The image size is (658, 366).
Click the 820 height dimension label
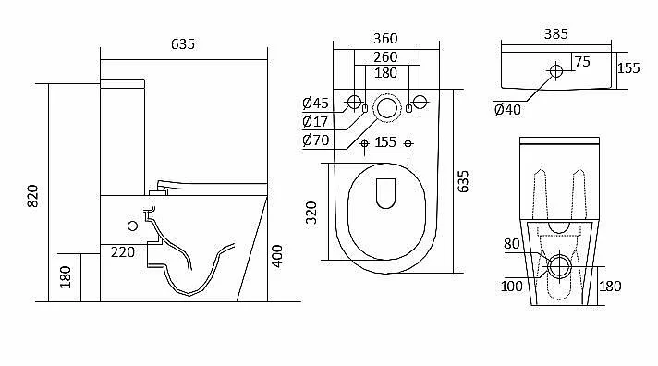(x=32, y=196)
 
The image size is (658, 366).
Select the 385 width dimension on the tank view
(x=556, y=34)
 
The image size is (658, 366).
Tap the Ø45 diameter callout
(x=315, y=103)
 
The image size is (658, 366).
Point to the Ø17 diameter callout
(x=315, y=122)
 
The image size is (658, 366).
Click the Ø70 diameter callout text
(x=315, y=140)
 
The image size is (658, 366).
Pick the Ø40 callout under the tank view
(x=507, y=110)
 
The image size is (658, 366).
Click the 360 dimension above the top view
(x=385, y=39)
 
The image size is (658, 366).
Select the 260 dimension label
(x=385, y=56)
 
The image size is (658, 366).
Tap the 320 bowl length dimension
(x=311, y=213)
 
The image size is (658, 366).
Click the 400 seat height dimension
(x=277, y=256)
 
